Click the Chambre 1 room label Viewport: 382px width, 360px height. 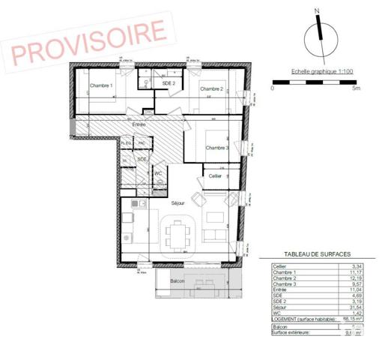(x=101, y=85)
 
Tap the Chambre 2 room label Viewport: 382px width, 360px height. (x=211, y=88)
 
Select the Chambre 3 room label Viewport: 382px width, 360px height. (x=217, y=147)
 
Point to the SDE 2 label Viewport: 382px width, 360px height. (x=169, y=83)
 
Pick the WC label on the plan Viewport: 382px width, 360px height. (x=158, y=173)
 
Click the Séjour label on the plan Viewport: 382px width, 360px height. (x=178, y=203)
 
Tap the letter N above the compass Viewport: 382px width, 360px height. (x=318, y=10)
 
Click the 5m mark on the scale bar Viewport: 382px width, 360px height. (x=357, y=88)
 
